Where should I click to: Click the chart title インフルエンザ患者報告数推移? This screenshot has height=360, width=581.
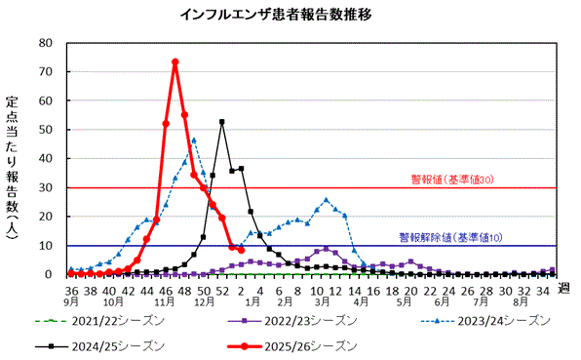click(x=290, y=16)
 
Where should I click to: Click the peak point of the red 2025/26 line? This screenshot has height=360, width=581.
click(x=174, y=62)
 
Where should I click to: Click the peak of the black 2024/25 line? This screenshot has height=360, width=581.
click(x=222, y=122)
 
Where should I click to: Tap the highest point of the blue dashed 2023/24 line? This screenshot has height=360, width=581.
click(x=194, y=140)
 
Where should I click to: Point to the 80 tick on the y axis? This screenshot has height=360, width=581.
click(x=45, y=43)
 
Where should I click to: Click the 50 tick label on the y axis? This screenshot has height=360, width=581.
click(x=45, y=130)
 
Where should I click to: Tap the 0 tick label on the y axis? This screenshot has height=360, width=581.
click(x=49, y=274)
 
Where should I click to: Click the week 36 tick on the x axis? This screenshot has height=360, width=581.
click(x=71, y=290)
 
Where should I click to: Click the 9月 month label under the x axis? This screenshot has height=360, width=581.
click(x=71, y=302)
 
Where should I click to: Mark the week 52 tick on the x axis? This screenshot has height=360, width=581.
click(x=222, y=290)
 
